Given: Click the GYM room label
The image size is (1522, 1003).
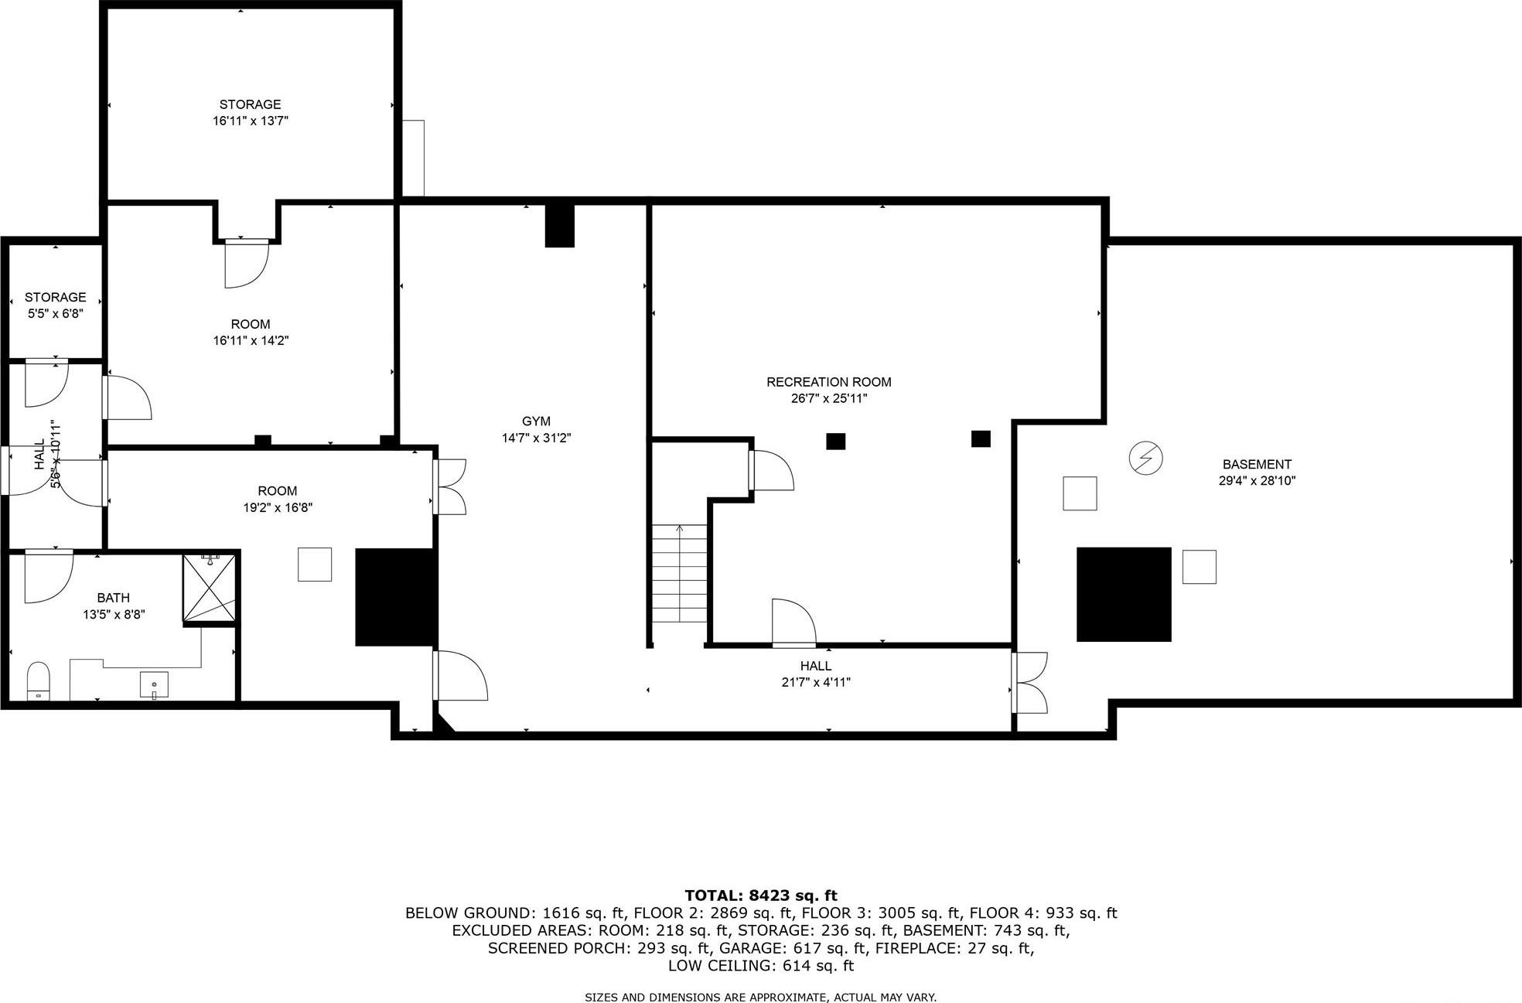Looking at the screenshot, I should tap(536, 421).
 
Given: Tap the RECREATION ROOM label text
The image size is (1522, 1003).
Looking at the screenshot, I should tap(828, 382).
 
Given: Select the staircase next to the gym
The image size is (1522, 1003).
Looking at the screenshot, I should tap(679, 573).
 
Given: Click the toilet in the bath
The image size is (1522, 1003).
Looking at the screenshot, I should tap(38, 681).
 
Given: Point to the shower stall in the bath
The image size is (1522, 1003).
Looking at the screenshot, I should tap(210, 588).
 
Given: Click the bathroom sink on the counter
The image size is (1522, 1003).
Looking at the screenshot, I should tap(154, 684).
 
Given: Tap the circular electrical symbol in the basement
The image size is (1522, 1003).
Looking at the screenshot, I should tap(1145, 459).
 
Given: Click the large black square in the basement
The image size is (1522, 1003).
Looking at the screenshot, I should tap(1124, 594).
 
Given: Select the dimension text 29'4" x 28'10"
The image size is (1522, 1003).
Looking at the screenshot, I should tap(1257, 481).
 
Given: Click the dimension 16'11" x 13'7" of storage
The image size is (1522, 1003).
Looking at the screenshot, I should tap(251, 121).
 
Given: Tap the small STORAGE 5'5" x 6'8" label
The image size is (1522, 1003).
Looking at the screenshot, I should tap(55, 305).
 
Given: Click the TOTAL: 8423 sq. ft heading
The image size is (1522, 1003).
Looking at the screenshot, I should tap(760, 896).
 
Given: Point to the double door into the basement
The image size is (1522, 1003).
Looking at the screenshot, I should tap(1029, 683).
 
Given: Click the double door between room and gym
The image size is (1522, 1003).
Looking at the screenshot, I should tap(449, 487).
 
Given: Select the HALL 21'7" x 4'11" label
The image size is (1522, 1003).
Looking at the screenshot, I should tap(816, 674).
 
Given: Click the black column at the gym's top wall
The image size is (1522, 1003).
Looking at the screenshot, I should tap(560, 225).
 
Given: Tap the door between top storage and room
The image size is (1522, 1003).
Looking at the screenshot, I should tap(247, 262).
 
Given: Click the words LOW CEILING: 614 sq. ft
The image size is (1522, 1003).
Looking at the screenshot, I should tap(760, 966).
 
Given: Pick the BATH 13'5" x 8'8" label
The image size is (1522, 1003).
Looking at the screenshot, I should tap(114, 606).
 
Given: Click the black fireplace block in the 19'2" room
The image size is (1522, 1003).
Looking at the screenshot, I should tap(394, 597).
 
